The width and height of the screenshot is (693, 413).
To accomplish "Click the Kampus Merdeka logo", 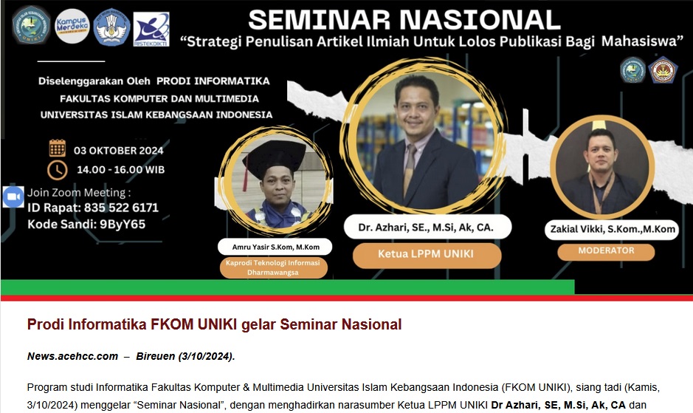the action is click(x=72, y=26).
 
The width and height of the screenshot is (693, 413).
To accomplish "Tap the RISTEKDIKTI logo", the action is click(x=151, y=30).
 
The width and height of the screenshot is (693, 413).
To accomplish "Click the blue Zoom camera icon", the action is click(x=13, y=197).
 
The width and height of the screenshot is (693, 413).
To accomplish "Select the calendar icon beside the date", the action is click(x=58, y=149).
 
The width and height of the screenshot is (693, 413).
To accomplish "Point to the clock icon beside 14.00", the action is click(x=58, y=170).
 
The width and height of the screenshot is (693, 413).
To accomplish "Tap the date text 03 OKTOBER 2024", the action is click(x=118, y=151).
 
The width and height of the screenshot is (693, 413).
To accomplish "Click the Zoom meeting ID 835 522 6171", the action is click(x=121, y=208).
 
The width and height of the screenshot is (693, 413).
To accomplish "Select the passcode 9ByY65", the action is click(x=123, y=224).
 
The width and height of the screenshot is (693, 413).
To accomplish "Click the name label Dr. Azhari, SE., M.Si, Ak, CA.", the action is click(x=426, y=228).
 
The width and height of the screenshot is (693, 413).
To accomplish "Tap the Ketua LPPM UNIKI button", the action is click(x=426, y=254).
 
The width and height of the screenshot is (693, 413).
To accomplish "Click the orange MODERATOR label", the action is click(x=606, y=251).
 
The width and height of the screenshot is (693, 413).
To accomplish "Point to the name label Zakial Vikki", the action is click(x=613, y=229).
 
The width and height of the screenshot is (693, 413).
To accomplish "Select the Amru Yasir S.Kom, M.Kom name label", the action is click(x=275, y=247).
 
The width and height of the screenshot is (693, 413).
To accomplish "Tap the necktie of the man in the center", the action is click(x=410, y=164).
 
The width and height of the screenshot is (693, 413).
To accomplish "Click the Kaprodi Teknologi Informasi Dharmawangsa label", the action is click(x=273, y=267).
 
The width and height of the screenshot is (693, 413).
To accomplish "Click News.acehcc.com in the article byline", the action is click(x=72, y=356).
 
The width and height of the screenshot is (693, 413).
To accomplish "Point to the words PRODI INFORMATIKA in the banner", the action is click(x=213, y=81).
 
